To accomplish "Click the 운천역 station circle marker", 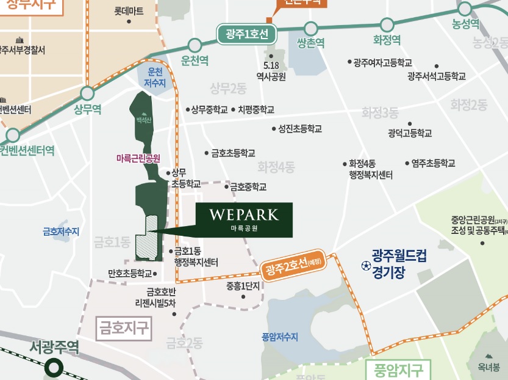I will point(195,45).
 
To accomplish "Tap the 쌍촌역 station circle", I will point(311,28).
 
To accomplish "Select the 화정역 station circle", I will point(387,25).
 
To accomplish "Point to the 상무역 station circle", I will point(87,93).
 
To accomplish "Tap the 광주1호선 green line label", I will point(247,33).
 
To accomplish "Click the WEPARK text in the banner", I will point(243,215).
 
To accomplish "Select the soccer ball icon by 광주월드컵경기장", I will point(365,266).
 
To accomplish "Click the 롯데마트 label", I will point(129,11).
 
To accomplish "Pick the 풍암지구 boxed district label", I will point(398,370).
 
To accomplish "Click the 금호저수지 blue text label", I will point(61,232).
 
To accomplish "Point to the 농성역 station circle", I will point(465,9).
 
